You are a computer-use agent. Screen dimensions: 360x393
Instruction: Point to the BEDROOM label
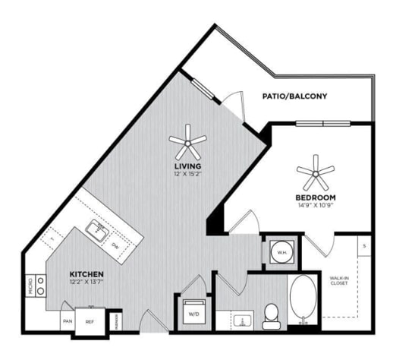click(315, 197)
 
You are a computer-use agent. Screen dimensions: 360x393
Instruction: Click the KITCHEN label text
click(86, 273)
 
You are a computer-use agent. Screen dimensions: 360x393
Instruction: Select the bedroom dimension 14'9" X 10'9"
click(315, 206)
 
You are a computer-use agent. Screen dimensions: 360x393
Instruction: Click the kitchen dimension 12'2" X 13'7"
click(86, 283)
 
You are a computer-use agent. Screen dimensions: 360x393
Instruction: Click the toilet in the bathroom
click(271, 314)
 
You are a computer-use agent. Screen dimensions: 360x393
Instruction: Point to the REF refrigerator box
click(89, 321)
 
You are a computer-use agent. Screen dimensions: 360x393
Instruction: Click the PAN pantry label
click(67, 321)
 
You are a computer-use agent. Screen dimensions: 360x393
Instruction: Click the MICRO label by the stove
click(31, 286)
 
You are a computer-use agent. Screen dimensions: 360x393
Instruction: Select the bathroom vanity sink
click(243, 320)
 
